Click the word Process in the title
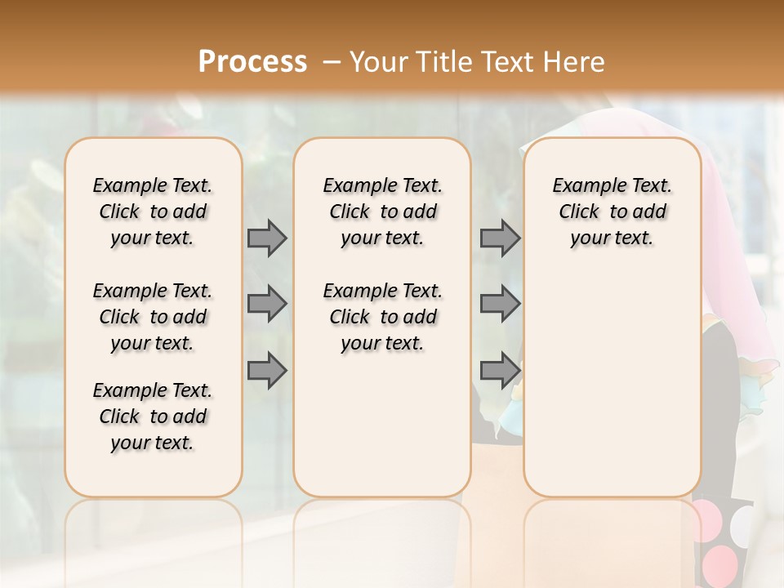252,61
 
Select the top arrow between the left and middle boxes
267,238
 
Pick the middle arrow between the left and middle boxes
267,304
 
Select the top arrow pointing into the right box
500,238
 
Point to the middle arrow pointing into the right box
500,304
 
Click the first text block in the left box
153,212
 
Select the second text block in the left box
153,317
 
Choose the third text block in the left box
153,416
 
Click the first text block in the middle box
382,212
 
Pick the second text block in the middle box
382,317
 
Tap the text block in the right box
612,212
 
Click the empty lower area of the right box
612,392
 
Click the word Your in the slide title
378,61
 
